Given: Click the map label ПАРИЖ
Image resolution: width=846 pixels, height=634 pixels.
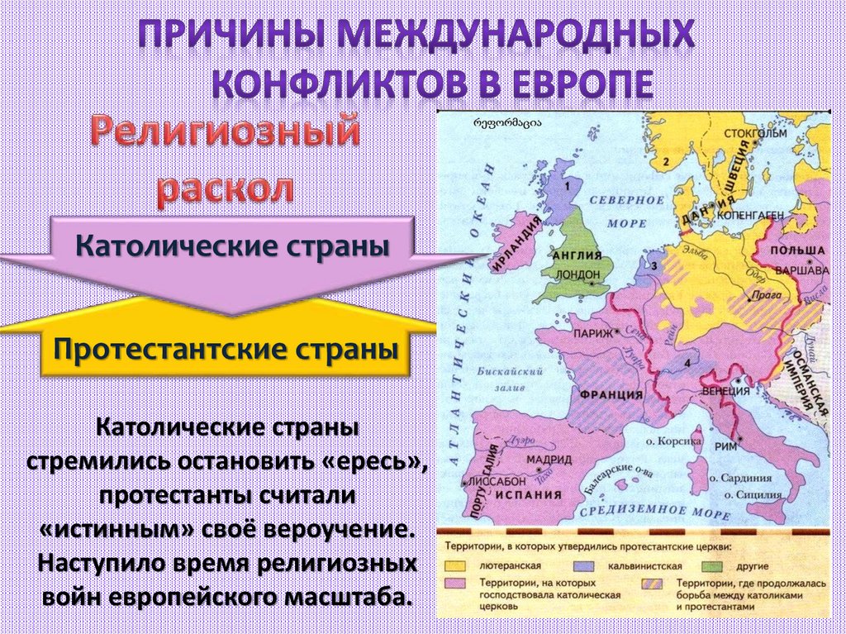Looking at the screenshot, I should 589,333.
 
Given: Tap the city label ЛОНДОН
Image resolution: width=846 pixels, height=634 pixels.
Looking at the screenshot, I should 577,274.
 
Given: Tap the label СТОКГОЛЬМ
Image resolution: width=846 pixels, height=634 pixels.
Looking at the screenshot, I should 754,133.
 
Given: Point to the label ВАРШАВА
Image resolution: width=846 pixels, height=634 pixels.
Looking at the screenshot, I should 798,269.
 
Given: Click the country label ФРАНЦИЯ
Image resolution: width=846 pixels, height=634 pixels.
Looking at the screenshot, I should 611,394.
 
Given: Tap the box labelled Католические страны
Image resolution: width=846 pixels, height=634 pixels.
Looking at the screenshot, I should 232,245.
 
